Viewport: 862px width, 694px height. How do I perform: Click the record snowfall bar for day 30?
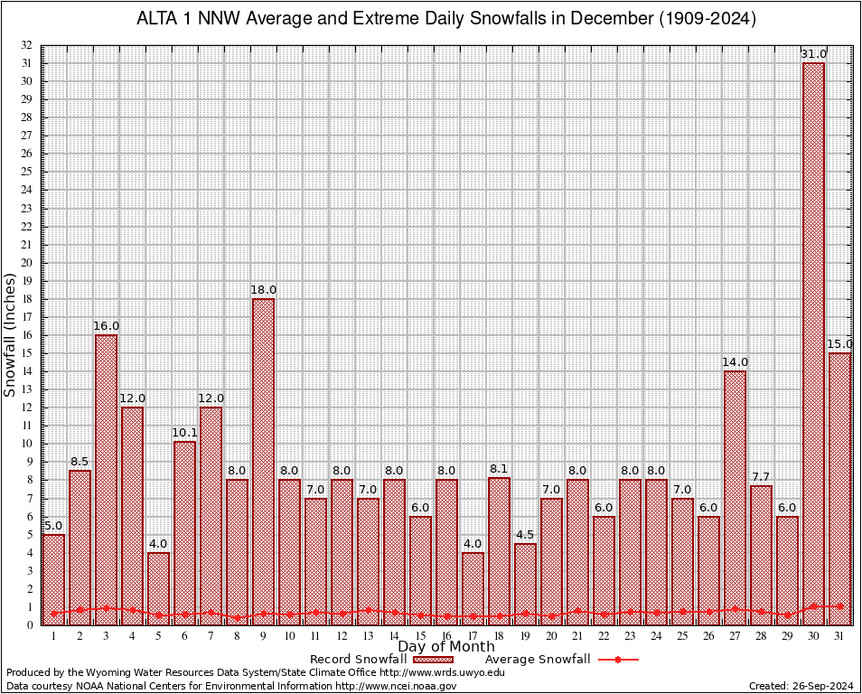(x=813, y=343)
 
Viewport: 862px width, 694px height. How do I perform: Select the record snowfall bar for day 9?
(x=263, y=461)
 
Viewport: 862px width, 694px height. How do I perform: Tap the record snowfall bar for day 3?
(x=106, y=479)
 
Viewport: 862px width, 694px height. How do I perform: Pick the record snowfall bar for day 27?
(x=735, y=497)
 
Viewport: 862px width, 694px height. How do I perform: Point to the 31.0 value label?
(x=813, y=54)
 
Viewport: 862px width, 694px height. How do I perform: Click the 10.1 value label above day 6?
(x=184, y=434)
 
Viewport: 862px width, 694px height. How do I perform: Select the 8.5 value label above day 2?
(x=80, y=463)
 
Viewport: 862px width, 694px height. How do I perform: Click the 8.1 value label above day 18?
(x=499, y=470)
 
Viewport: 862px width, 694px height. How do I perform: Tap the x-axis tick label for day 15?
(x=420, y=636)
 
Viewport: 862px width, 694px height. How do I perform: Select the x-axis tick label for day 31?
(x=839, y=636)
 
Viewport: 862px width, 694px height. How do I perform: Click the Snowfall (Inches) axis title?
(x=10, y=334)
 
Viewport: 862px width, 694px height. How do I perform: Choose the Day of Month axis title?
(x=446, y=646)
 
